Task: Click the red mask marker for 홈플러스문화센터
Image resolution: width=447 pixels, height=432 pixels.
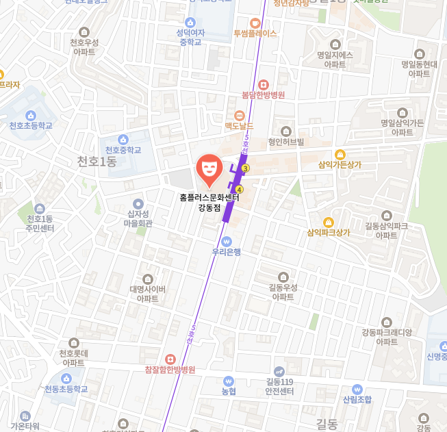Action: click(209, 168)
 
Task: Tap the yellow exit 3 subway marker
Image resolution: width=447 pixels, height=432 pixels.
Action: click(246, 167)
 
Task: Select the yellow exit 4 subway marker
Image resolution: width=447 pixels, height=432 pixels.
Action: click(239, 189)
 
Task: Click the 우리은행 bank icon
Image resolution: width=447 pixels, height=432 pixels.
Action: click(227, 241)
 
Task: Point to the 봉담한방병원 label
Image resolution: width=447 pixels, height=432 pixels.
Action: click(264, 95)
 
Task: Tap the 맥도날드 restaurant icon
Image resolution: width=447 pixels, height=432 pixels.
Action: click(239, 115)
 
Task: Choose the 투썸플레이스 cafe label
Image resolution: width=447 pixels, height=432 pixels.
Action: click(255, 33)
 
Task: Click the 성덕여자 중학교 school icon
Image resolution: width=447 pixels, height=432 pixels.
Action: click(190, 22)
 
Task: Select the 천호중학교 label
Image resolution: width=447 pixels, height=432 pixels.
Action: click(123, 150)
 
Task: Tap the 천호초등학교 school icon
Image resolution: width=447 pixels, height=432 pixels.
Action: click(30, 115)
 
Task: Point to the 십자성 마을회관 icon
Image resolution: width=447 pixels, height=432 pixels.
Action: click(138, 203)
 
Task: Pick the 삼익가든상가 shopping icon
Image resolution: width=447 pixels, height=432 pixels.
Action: click(340, 154)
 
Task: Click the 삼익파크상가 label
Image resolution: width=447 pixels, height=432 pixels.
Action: click(329, 232)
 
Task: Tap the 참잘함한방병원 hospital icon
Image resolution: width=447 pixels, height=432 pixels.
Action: click(170, 359)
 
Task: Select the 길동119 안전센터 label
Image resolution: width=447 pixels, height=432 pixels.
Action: click(279, 387)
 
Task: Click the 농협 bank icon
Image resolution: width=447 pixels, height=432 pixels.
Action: click(228, 381)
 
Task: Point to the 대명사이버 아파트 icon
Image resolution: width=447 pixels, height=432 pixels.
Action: click(148, 279)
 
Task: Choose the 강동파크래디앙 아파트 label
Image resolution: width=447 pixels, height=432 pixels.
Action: click(387, 337)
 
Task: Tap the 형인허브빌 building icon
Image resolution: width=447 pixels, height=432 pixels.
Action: click(286, 131)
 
